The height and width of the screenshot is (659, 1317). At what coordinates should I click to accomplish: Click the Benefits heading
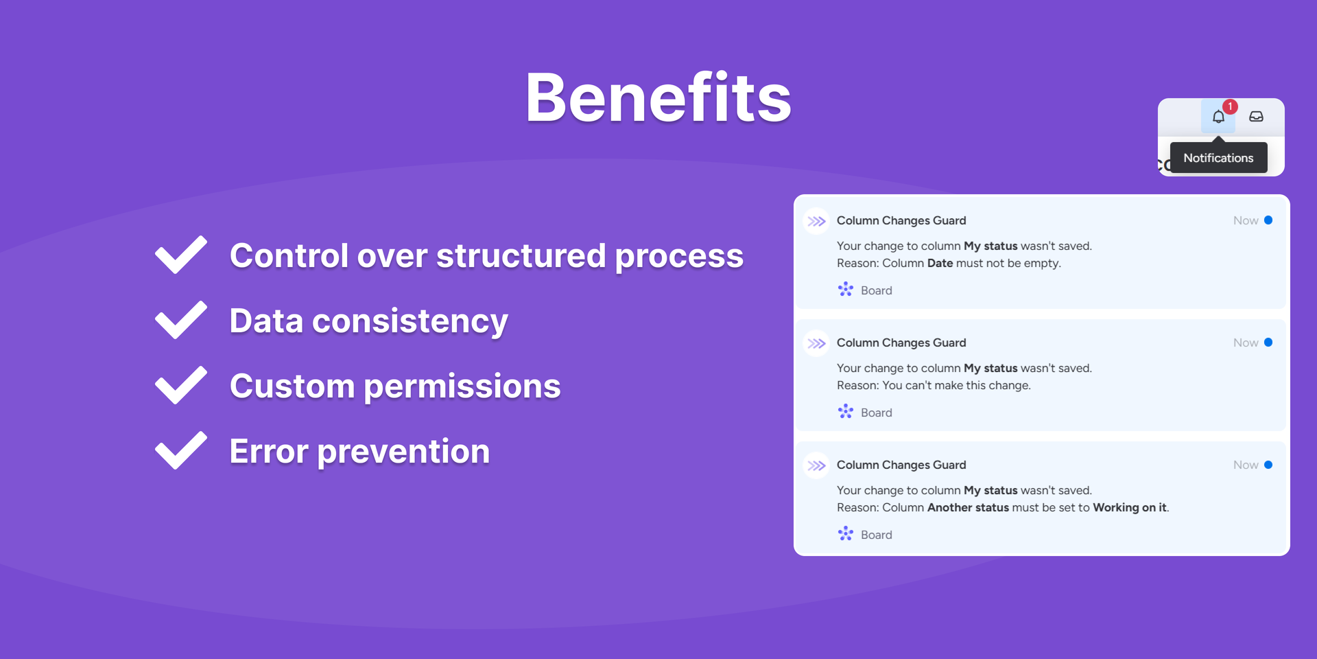[x=658, y=97]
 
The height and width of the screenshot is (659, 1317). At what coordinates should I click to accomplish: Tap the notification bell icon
[x=1218, y=117]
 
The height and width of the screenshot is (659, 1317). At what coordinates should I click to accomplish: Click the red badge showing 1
[x=1231, y=106]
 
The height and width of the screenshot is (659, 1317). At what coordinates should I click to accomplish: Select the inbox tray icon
[x=1256, y=117]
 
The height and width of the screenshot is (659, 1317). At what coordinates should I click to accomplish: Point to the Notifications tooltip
[x=1218, y=158]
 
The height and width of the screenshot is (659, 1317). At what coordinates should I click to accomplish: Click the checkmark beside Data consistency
[x=181, y=320]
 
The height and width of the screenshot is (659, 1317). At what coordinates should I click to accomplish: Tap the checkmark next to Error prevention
[x=181, y=450]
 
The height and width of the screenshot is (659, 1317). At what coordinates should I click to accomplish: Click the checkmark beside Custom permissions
[x=181, y=385]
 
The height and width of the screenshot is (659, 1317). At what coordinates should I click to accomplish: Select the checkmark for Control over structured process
[x=181, y=255]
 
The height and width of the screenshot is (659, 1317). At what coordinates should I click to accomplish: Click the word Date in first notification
[x=940, y=263]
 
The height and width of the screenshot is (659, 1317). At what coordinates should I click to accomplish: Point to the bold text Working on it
[x=1129, y=507]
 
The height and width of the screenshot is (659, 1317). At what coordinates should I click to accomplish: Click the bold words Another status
[x=968, y=507]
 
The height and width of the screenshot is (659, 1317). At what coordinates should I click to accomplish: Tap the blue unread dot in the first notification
[x=1268, y=220]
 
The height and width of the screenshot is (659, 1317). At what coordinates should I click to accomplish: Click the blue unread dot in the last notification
[x=1268, y=465]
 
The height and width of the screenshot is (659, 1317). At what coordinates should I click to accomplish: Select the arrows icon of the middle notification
[x=816, y=343]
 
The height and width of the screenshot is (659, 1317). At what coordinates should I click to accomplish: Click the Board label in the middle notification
[x=877, y=413]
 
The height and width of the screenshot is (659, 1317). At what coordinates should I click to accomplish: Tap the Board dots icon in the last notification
[x=846, y=533]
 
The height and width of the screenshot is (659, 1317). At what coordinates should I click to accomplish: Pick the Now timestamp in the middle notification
[x=1246, y=343]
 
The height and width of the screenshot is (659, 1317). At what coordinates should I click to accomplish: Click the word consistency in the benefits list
[x=410, y=321]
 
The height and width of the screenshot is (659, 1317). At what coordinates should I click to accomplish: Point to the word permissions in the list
[x=462, y=386]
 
